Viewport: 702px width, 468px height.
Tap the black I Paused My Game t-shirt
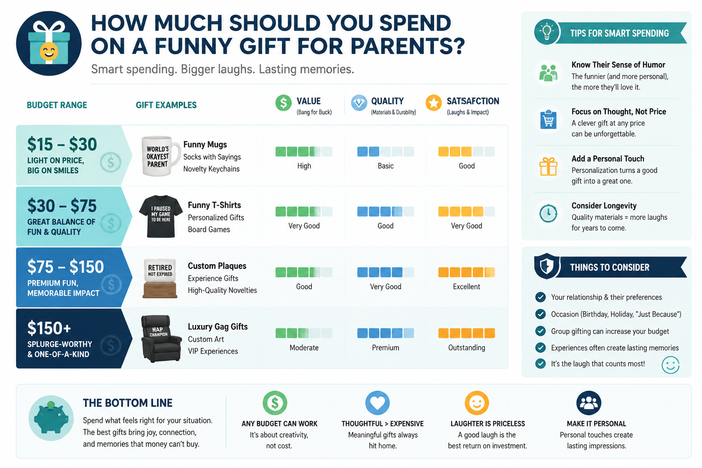(161, 216)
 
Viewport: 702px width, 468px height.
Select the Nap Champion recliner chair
(161, 339)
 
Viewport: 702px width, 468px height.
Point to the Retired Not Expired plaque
(160, 278)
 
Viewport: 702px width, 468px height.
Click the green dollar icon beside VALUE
(283, 102)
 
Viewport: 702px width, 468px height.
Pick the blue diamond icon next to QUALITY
(359, 102)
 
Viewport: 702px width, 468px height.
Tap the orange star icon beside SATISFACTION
(434, 102)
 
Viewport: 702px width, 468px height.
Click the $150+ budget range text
(49, 328)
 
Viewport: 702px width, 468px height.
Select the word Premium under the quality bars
(385, 348)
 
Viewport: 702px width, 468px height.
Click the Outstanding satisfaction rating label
(467, 348)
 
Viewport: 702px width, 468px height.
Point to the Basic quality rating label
(385, 166)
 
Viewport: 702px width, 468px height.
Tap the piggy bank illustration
(51, 418)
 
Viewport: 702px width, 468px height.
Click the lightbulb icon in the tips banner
(547, 32)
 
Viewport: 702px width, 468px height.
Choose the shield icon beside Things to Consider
(547, 266)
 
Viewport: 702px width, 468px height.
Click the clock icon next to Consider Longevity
(548, 213)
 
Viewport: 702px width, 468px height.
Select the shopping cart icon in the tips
(548, 120)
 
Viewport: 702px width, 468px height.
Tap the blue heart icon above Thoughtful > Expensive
(378, 403)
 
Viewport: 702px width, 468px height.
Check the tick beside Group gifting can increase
(540, 331)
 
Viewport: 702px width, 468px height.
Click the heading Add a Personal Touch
(608, 159)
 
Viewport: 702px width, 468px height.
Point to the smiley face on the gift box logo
(49, 51)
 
